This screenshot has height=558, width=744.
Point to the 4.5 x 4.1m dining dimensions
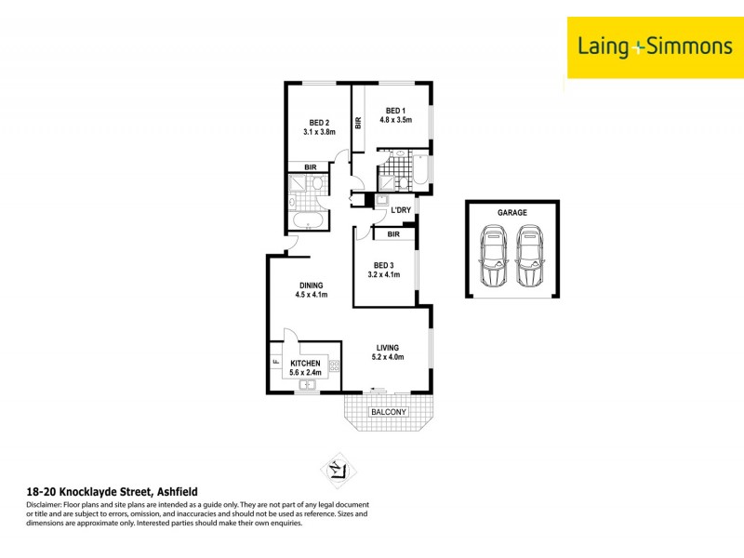[x=311, y=296]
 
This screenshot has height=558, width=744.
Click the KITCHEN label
[x=305, y=363]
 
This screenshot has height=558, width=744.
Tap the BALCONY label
[x=389, y=411]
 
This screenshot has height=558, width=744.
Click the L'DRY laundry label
[x=401, y=210]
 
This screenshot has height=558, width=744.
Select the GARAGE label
[x=511, y=212]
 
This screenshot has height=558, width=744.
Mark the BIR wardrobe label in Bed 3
[x=393, y=234]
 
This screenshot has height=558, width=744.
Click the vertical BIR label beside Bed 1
[x=358, y=121]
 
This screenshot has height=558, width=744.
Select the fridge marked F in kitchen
[x=276, y=363]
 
